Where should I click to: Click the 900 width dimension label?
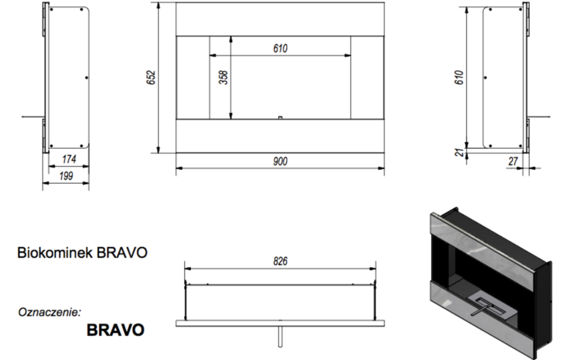pos(280,161)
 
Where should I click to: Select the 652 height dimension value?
pos(151,78)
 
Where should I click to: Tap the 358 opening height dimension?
pos(223,77)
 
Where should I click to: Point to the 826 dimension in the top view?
pos(280,261)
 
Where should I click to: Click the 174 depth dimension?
pos(69,159)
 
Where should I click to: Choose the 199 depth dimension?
pos(66,176)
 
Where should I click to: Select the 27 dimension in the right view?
pos(513,161)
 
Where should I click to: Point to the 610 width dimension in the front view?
pos(280,49)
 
